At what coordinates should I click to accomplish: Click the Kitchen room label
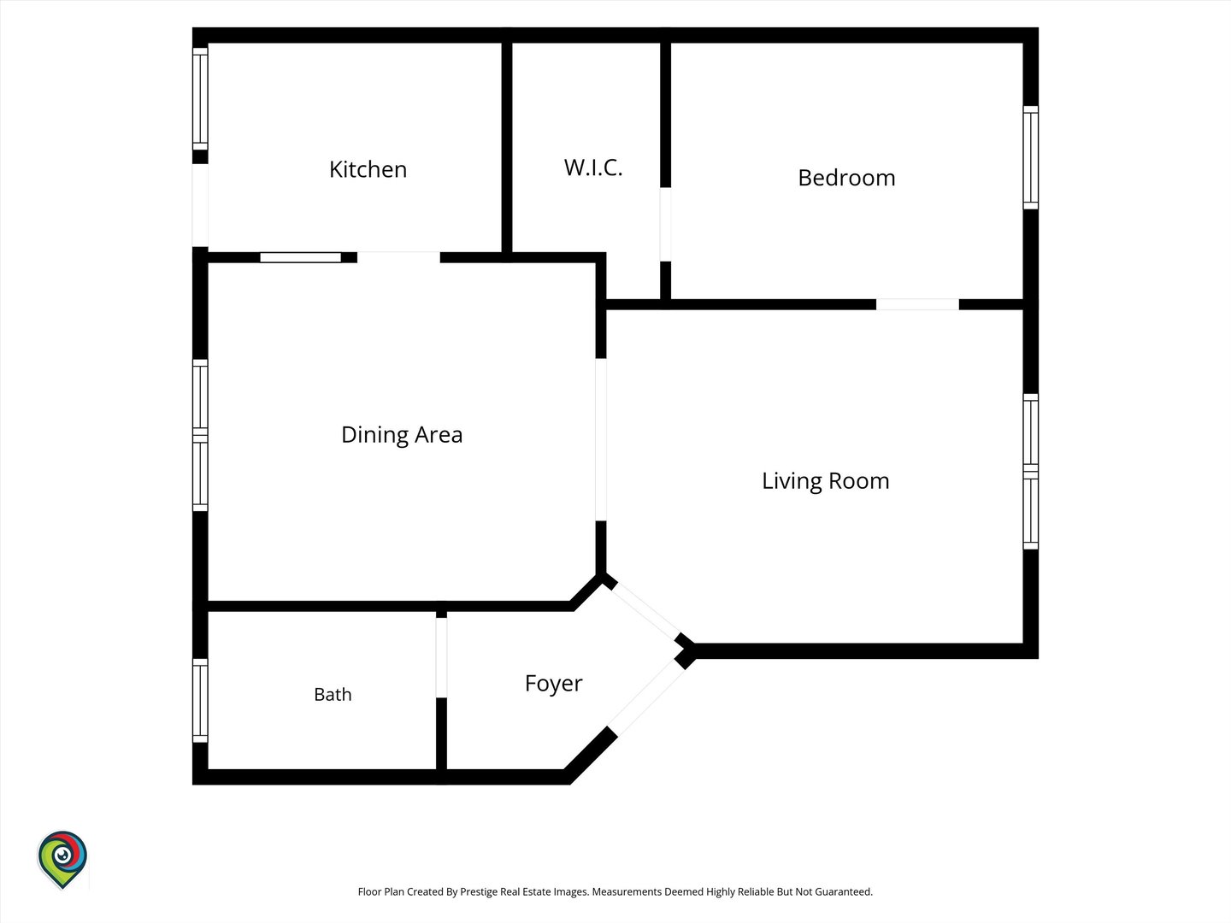368,169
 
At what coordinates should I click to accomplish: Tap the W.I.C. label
593,168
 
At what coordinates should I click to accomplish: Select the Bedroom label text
846,178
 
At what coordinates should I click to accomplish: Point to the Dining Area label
402,435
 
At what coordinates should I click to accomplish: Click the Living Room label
826,481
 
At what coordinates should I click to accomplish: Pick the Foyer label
554,684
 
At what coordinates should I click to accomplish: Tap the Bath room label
333,694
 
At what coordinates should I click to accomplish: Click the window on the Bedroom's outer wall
1031,157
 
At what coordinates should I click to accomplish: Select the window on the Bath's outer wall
200,701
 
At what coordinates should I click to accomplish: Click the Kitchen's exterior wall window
200,98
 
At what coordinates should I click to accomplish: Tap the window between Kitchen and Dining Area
301,258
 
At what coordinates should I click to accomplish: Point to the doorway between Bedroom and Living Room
917,304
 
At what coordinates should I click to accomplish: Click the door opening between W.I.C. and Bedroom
665,224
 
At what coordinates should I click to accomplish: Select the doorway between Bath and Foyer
441,657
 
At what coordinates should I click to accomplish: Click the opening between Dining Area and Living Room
601,439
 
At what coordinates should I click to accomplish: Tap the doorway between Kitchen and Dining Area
398,258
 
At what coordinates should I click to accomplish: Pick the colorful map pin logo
62,859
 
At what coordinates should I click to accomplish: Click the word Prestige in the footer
479,891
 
